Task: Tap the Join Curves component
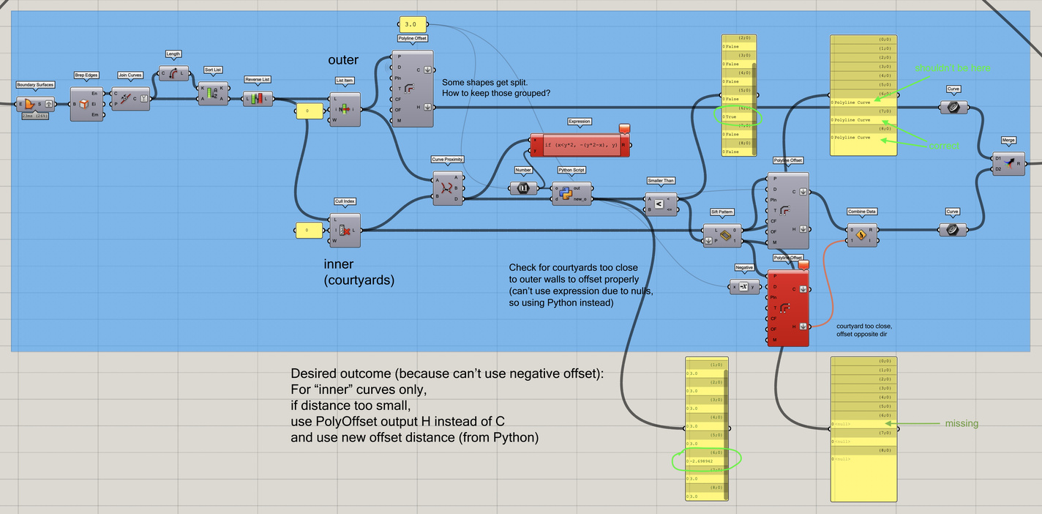click(x=130, y=99)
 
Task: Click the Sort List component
click(x=213, y=94)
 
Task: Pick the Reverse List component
click(x=258, y=98)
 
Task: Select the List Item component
click(x=345, y=109)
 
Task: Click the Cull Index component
click(x=345, y=230)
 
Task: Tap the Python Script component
click(x=571, y=193)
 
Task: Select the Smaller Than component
click(x=660, y=204)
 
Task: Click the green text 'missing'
click(x=962, y=423)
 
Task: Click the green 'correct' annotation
click(x=944, y=146)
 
